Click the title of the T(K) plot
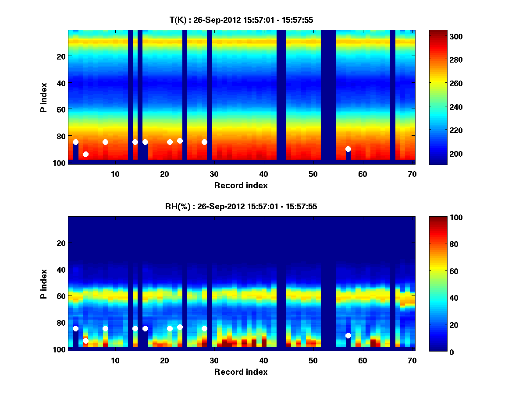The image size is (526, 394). (x=241, y=20)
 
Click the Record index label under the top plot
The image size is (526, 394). (x=241, y=185)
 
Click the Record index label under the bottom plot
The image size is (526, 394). (x=241, y=372)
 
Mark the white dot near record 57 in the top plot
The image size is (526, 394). (x=348, y=149)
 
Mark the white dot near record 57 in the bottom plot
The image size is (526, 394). (x=348, y=335)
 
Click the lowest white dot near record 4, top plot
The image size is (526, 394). (x=85, y=154)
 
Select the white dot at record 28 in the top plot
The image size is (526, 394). (x=204, y=142)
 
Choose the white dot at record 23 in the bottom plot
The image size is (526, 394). (x=180, y=327)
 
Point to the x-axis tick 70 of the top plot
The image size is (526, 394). (x=412, y=174)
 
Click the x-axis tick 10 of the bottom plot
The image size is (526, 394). (x=115, y=361)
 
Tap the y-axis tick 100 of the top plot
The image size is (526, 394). (x=60, y=163)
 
